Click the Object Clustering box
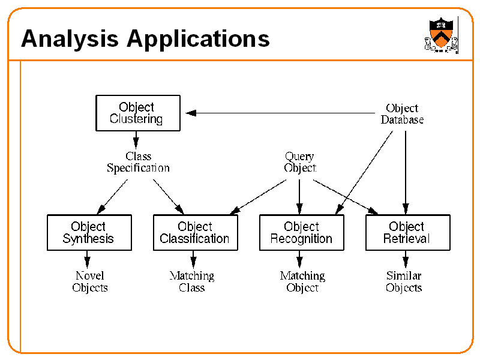point(137,113)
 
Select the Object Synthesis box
point(89,233)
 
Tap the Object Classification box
point(195,233)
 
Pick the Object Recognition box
point(301,233)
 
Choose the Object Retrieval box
point(407,233)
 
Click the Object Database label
point(402,114)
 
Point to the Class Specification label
point(138,163)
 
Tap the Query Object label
point(299,163)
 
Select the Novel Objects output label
point(90,281)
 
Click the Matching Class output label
point(192,281)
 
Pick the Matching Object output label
point(302,281)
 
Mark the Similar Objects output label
point(404,281)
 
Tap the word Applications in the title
point(198,39)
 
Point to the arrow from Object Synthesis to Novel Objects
point(88,259)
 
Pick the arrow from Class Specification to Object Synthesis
point(113,196)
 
